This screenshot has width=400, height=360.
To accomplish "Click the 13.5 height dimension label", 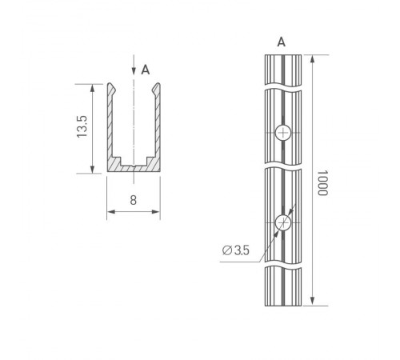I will [82, 128].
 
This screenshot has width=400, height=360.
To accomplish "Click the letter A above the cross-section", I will [145, 70].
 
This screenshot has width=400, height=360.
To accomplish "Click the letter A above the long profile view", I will [281, 41].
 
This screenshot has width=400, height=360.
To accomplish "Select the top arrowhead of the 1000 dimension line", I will [310, 58].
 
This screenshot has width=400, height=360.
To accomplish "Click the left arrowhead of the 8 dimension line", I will [110, 212].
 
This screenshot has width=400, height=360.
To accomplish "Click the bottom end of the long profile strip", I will [282, 304].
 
